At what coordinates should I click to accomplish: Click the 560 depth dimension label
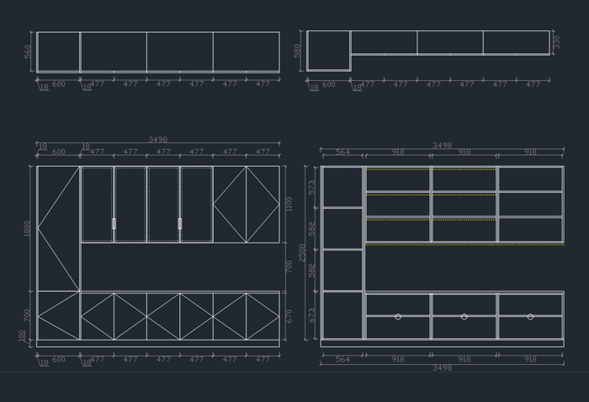28,51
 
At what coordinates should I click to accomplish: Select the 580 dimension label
298,51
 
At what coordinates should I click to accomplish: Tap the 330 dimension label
556,41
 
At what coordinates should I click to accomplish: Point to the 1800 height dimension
28,228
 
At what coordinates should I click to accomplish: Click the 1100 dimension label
289,204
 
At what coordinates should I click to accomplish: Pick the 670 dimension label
289,316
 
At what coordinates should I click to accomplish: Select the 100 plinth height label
23,335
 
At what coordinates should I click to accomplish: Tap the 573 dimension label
312,187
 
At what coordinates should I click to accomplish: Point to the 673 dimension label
312,316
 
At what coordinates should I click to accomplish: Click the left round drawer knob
398,317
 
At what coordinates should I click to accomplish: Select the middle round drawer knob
464,317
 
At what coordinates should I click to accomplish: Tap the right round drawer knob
530,317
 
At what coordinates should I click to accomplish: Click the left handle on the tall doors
114,223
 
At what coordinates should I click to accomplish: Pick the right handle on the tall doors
179,223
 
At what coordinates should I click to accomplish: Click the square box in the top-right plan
328,51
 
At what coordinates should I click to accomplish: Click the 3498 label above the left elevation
157,140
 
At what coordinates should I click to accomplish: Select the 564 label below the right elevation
342,360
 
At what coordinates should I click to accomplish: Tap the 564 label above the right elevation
342,153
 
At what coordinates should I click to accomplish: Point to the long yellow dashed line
464,245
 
